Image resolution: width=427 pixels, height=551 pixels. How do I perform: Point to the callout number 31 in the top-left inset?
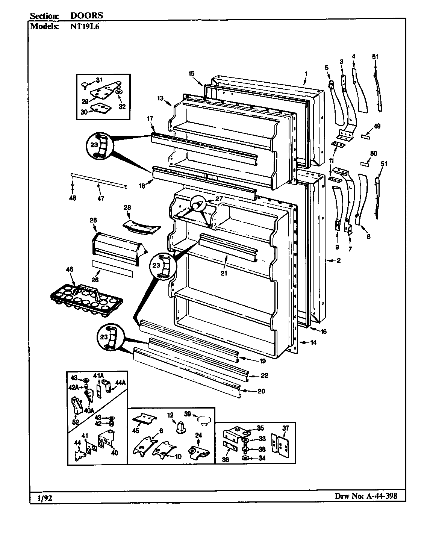pos(99,79)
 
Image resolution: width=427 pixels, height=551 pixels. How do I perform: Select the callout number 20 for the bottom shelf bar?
pos(261,391)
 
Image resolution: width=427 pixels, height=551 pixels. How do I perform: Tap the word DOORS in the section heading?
pos(86,16)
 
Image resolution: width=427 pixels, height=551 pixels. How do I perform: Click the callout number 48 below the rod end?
pos(73,198)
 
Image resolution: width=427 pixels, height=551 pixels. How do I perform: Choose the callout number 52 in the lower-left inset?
pos(76,422)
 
